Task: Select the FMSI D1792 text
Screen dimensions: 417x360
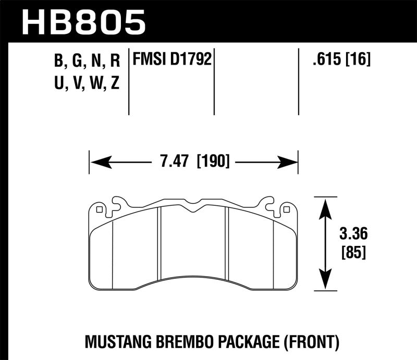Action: (x=173, y=60)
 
